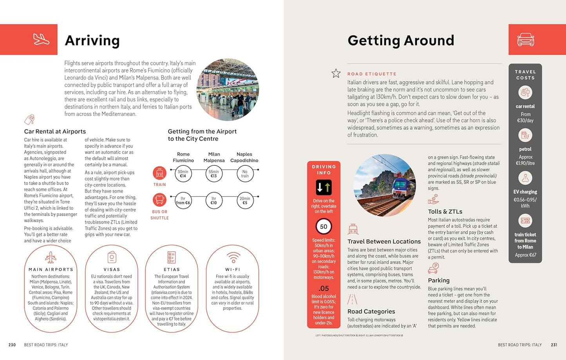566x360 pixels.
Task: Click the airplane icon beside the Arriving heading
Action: tap(41, 39)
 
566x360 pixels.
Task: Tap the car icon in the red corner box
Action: tap(525, 40)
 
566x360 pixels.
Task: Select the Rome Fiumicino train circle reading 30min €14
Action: tap(183, 174)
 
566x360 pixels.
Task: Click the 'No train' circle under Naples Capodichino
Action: tap(245, 174)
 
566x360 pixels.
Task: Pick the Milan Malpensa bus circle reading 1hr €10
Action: tap(214, 201)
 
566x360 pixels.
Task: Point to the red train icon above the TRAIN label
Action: tap(159, 173)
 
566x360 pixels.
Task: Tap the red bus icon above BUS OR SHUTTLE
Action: tap(159, 200)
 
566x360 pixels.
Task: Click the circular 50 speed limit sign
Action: tap(324, 226)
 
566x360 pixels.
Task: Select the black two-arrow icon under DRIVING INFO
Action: tap(324, 188)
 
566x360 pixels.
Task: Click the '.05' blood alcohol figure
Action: tap(324, 289)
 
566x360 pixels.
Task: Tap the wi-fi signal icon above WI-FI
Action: tap(233, 257)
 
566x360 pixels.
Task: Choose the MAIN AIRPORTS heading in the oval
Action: tap(51, 270)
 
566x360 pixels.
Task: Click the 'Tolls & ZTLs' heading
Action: tap(445, 212)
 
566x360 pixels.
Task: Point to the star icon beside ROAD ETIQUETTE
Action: tap(336, 73)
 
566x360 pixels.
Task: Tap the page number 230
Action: tap(12, 345)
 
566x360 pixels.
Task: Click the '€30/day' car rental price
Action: tap(525, 121)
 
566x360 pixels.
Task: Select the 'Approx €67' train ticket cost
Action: tap(525, 255)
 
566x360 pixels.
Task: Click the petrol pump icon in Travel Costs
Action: tap(525, 136)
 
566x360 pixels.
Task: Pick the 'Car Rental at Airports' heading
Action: tap(55, 132)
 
